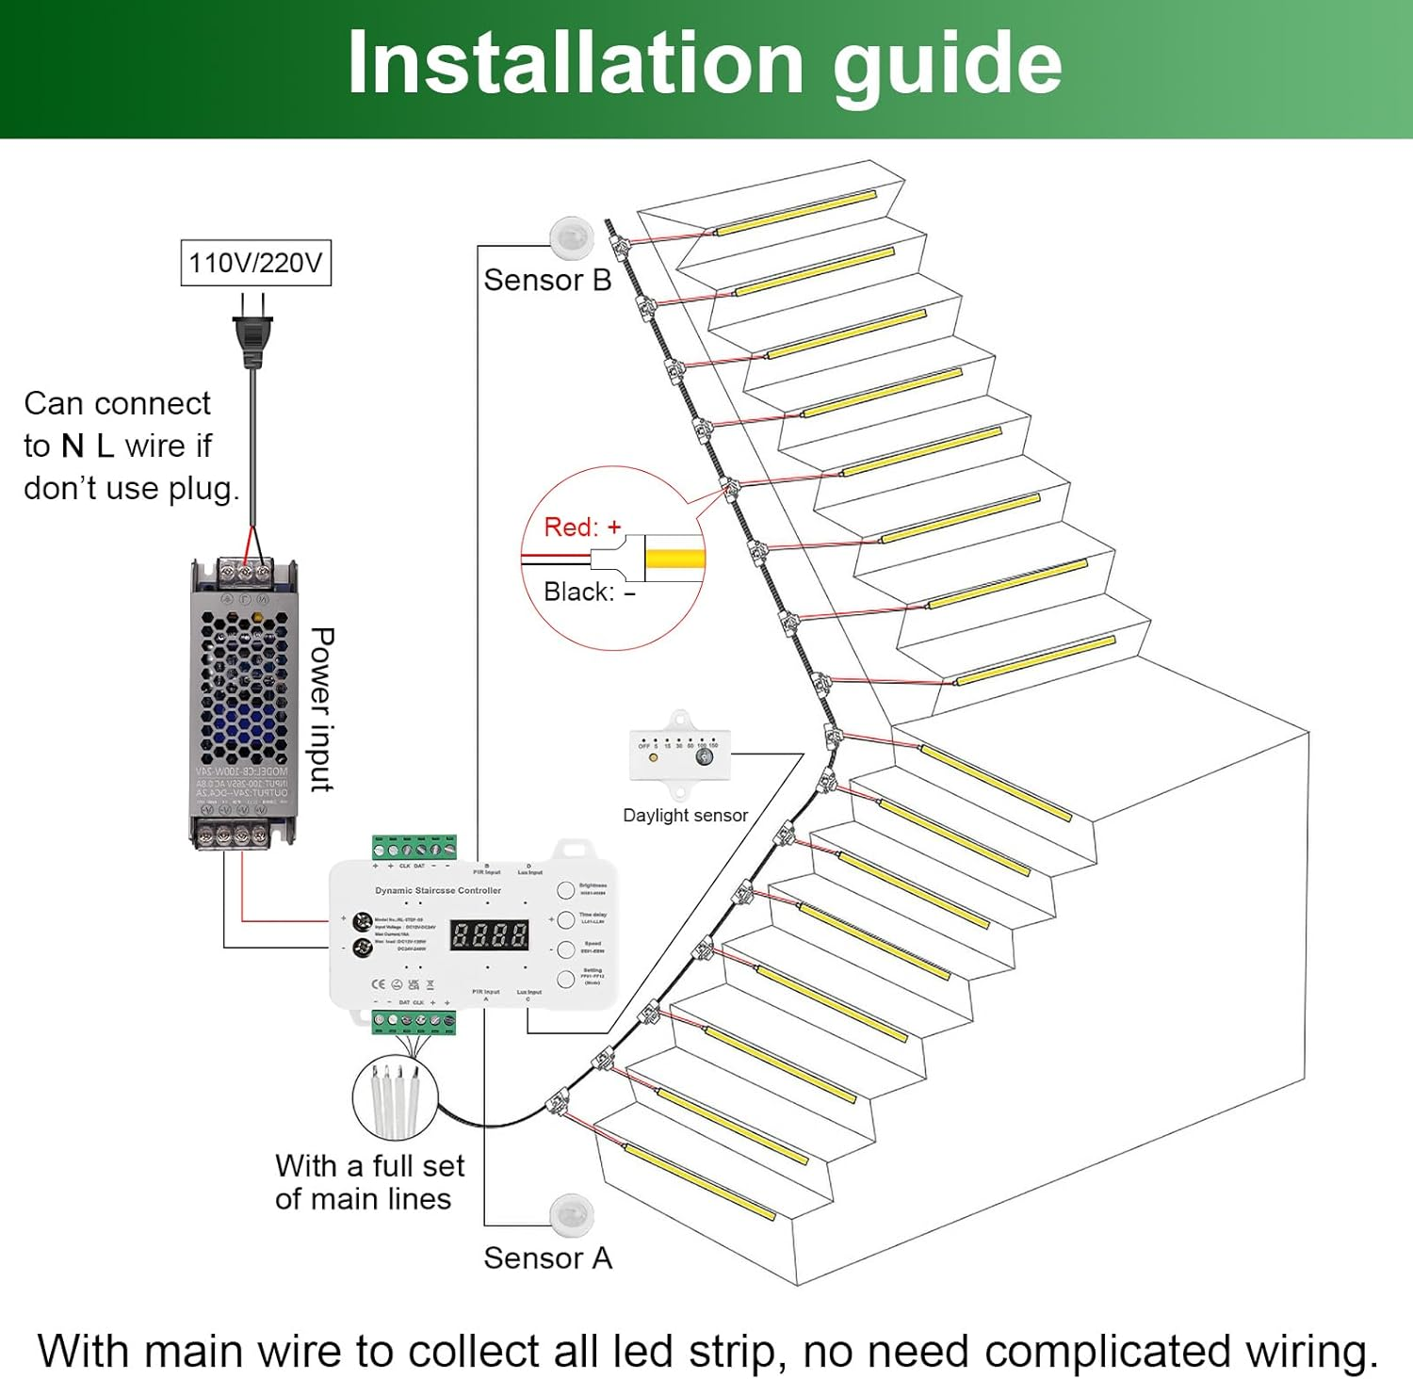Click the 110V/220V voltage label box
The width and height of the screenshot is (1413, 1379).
255,263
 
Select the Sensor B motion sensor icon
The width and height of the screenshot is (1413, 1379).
572,237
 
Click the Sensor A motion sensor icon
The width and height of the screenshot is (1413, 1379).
572,1214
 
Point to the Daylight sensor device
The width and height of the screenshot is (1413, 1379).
679,751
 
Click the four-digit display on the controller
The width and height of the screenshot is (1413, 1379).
490,934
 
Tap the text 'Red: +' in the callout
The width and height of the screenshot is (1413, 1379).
582,527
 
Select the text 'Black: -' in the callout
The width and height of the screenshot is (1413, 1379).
589,592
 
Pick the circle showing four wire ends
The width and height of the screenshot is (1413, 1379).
396,1096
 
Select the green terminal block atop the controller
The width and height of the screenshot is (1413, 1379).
414,846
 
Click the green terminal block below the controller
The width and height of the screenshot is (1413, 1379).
414,1021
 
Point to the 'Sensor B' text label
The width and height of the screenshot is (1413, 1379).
547,280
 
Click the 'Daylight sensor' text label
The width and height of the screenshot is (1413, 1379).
685,815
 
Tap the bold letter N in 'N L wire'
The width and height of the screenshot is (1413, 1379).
73,446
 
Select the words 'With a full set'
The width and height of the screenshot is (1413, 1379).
369,1165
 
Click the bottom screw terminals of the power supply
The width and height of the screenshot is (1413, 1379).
243,834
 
